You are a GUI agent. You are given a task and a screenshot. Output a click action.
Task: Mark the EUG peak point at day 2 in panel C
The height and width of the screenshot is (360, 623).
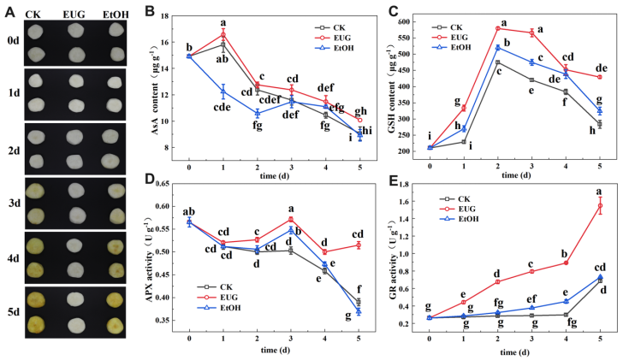pyautogui.click(x=497, y=28)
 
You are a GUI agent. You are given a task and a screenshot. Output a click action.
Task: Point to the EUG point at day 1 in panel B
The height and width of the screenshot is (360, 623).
pyautogui.click(x=223, y=34)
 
